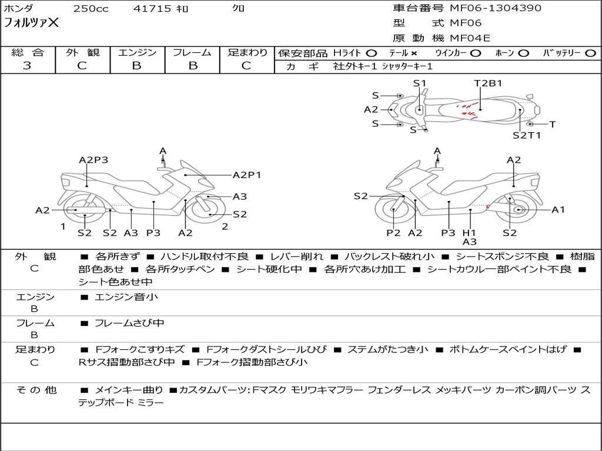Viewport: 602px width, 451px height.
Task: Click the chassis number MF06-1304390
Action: [x=495, y=8]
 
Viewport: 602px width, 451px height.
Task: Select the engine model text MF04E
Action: [x=470, y=38]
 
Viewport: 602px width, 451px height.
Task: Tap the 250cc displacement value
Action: [x=91, y=8]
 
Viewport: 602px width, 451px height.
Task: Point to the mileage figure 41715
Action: [x=152, y=8]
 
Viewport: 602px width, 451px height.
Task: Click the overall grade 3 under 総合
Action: [x=27, y=66]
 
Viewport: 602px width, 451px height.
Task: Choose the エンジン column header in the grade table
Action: [x=137, y=52]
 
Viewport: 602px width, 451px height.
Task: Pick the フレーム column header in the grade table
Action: [x=192, y=52]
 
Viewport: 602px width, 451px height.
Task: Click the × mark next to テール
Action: [x=413, y=53]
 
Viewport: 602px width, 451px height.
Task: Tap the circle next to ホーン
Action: [x=523, y=53]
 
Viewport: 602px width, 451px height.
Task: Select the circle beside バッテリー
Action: [x=590, y=53]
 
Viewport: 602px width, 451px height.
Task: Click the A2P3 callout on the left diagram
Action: [x=93, y=160]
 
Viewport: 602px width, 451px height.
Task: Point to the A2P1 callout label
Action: [x=247, y=175]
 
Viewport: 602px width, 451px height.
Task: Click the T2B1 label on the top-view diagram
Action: [x=488, y=83]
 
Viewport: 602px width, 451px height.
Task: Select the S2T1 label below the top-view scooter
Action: [x=527, y=135]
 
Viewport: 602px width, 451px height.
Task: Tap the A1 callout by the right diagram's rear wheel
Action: [x=558, y=210]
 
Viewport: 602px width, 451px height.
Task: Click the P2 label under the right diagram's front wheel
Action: [x=393, y=233]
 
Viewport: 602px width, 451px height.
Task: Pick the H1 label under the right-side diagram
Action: [x=469, y=233]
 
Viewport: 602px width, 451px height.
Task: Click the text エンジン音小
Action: [x=126, y=297]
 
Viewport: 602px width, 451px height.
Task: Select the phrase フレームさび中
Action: [x=129, y=324]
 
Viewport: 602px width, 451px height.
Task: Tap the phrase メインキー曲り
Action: [x=129, y=390]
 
